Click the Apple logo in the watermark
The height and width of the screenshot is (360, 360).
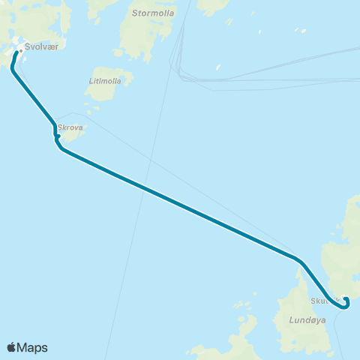coord(11,347)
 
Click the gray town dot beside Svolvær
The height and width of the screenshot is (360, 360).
coord(20,51)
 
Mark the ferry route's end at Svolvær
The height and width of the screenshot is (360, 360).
coord(16,52)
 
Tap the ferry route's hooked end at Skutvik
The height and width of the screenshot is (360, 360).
coord(345,300)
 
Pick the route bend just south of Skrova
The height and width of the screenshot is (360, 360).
coord(60,148)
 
